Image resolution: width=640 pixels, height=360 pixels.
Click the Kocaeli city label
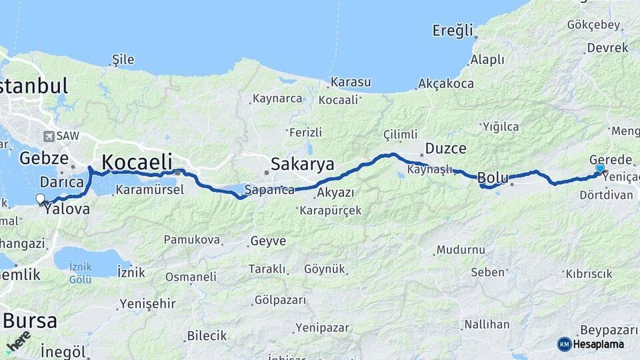click(x=137, y=161)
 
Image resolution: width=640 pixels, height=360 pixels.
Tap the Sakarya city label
click(x=302, y=164)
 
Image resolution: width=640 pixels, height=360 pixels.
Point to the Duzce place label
click(x=446, y=148)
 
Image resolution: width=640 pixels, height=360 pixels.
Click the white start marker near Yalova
click(x=41, y=199)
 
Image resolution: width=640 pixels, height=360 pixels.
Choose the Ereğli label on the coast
click(x=453, y=30)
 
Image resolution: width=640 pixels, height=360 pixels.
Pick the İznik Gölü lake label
click(x=80, y=273)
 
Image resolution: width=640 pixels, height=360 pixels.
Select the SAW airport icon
click(x=48, y=136)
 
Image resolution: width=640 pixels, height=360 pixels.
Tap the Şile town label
click(x=123, y=59)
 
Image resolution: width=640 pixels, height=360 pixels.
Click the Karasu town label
click(x=350, y=82)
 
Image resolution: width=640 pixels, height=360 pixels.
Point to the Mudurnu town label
click(x=460, y=250)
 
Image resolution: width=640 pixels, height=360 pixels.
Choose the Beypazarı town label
click(x=609, y=330)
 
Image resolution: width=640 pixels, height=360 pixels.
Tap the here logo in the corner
click(x=19, y=341)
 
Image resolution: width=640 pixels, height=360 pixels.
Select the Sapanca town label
click(x=269, y=190)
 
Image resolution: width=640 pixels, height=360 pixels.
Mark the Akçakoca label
click(x=445, y=83)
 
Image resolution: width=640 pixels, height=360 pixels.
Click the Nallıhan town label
click(x=487, y=325)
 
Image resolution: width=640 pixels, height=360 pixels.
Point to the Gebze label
click(x=44, y=158)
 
